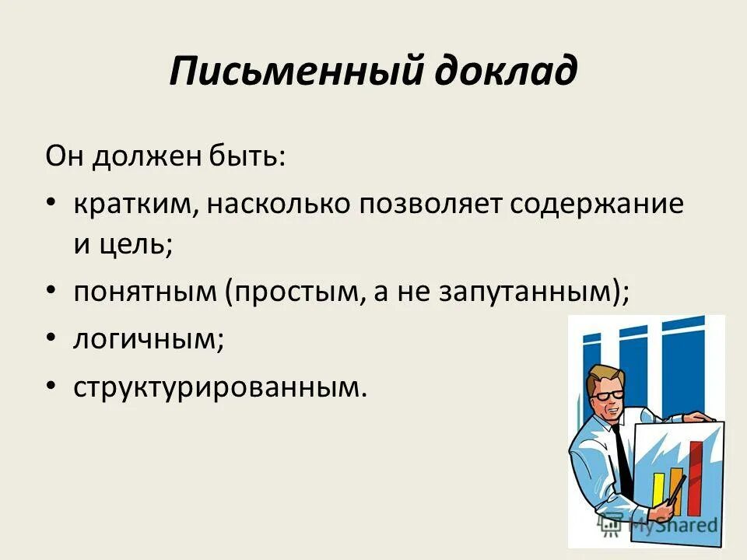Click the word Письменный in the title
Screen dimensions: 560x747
(x=289, y=71)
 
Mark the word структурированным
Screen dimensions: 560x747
(x=219, y=386)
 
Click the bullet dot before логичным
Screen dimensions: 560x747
(x=51, y=337)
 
